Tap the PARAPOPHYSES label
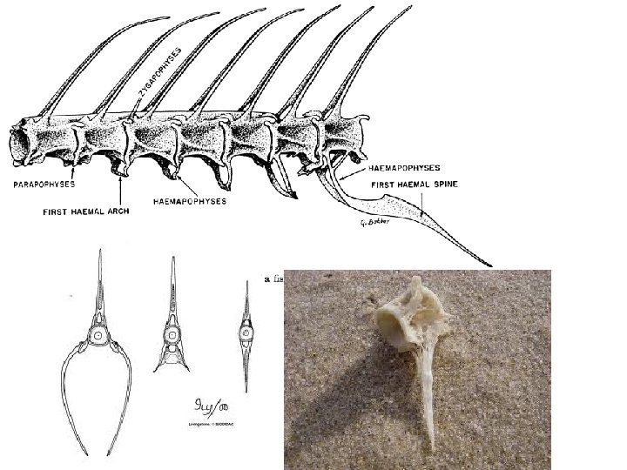44,185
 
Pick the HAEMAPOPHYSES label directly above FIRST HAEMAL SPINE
399,167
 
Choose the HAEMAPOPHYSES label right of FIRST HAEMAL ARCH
189,201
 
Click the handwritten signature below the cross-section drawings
201,406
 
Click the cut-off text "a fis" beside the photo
273,279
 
